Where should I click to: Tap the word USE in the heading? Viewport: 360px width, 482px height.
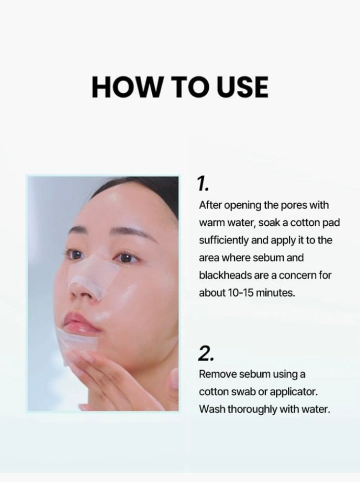242,87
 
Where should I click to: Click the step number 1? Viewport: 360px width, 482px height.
203,184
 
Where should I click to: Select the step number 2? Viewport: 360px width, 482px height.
205,353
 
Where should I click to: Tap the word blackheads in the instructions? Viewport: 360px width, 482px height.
225,275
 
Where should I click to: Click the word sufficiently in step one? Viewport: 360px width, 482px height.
223,240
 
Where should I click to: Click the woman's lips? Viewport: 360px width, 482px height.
81,323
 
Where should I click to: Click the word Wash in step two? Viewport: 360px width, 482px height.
212,409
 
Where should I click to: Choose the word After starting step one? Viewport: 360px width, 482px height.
210,205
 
